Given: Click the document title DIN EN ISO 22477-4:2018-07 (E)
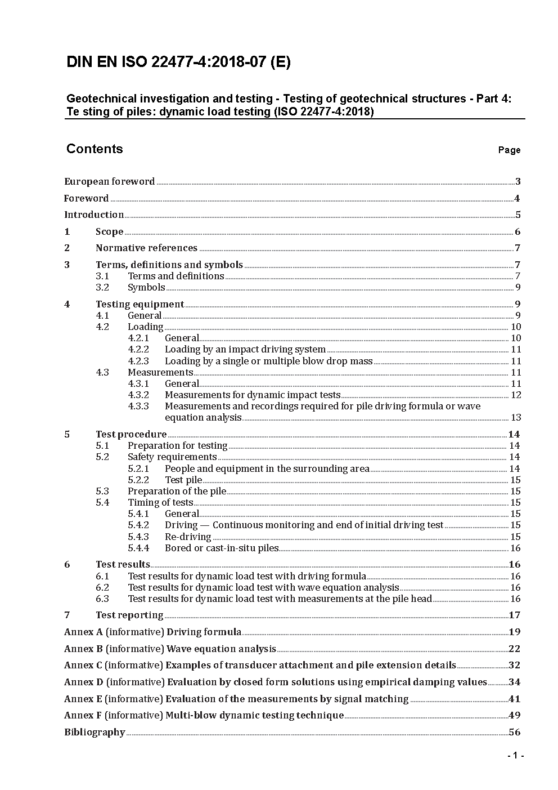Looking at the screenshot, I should (x=178, y=63).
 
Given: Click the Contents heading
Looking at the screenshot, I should (x=94, y=149).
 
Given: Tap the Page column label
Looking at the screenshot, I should (x=509, y=150).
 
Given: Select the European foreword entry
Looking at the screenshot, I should (x=110, y=181).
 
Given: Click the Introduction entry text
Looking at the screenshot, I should (x=94, y=215).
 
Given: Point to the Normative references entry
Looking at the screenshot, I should (x=146, y=248).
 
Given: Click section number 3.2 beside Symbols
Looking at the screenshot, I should (x=102, y=287).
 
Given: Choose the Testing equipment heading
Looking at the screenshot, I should (x=139, y=304).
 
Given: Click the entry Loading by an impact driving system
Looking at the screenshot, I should (x=245, y=349).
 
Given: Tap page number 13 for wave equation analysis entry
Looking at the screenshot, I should (x=516, y=417).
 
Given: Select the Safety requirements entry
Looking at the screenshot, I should (x=172, y=457).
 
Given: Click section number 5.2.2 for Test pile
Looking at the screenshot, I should (x=138, y=480).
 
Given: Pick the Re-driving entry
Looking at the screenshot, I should (x=188, y=537).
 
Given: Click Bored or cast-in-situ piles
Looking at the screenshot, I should (x=222, y=548).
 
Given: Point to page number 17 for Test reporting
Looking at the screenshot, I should (x=514, y=615).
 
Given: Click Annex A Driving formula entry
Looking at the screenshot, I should (x=153, y=632).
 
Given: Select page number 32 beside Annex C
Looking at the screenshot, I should (x=514, y=665).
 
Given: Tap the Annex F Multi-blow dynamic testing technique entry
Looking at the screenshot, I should (x=204, y=715).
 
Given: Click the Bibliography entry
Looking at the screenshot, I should (x=94, y=732).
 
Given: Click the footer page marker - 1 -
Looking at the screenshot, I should (x=515, y=755).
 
